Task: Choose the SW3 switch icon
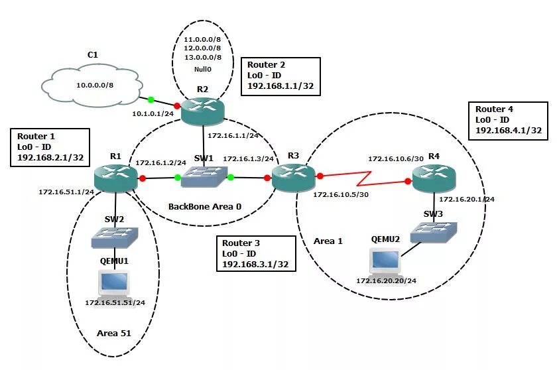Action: (431, 231)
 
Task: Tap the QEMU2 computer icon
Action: (387, 260)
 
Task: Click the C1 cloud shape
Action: (92, 85)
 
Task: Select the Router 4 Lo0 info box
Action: (511, 120)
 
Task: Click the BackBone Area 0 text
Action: (204, 206)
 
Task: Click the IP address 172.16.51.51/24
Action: (115, 302)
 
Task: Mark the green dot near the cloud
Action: (151, 99)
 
